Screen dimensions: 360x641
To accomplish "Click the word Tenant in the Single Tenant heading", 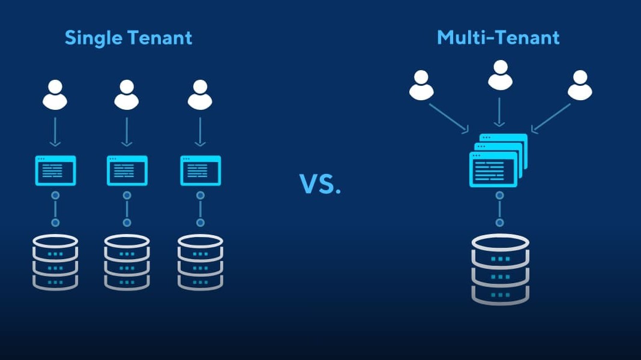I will click(160, 38).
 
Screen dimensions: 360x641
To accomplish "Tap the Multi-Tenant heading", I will click(498, 38).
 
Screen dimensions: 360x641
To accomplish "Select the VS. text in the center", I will click(320, 184).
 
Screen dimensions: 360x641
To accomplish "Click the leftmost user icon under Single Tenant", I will click(55, 95).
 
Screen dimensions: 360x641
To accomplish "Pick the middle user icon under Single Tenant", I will click(127, 95).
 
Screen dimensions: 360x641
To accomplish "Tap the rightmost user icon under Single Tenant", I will click(200, 95).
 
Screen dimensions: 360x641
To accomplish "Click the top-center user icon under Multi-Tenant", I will click(500, 75).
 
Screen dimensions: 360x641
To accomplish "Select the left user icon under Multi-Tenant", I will click(421, 86).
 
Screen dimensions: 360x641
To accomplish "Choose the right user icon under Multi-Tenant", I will click(580, 86).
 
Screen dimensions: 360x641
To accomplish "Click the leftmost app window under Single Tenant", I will click(55, 170).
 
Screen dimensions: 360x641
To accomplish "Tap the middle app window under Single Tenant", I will click(127, 170).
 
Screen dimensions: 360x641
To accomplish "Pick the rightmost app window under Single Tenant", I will click(200, 170).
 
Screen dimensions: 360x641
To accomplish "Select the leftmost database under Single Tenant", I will click(55, 262).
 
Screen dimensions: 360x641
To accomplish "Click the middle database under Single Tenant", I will click(127, 262).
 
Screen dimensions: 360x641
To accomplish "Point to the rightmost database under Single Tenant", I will click(200, 262).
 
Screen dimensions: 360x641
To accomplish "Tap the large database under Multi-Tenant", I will click(500, 268).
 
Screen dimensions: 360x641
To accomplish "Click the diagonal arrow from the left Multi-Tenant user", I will click(449, 118).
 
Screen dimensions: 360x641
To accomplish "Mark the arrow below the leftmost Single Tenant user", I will click(55, 131).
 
